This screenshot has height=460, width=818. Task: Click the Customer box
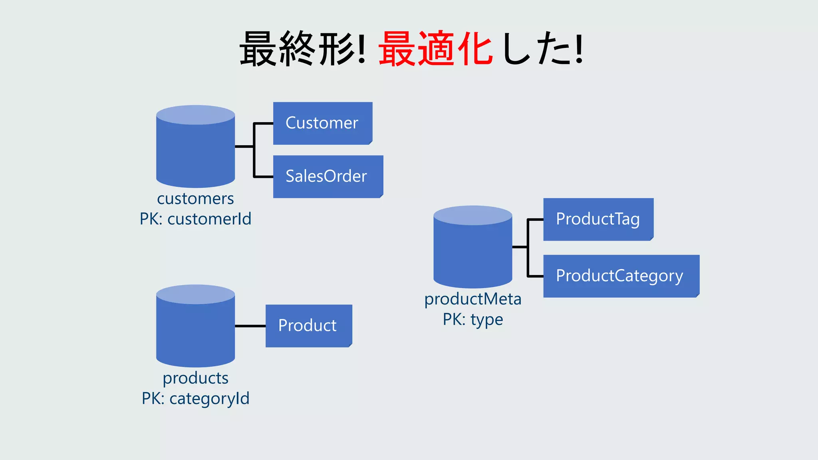(322, 123)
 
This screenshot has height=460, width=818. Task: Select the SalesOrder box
(328, 176)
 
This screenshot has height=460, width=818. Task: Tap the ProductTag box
(598, 219)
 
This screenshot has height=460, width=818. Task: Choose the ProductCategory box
(621, 276)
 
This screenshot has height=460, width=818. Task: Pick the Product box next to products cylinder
(308, 326)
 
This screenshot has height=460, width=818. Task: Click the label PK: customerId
(195, 219)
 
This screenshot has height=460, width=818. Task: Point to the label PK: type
(473, 319)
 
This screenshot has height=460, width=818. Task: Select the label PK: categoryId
(195, 399)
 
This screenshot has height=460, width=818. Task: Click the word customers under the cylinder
(195, 198)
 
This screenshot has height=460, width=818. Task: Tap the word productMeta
(473, 299)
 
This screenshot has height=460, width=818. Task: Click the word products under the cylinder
(195, 378)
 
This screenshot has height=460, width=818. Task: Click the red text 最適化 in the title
(435, 49)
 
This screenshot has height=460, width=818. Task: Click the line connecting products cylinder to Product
(250, 326)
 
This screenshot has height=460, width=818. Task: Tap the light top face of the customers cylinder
(195, 115)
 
